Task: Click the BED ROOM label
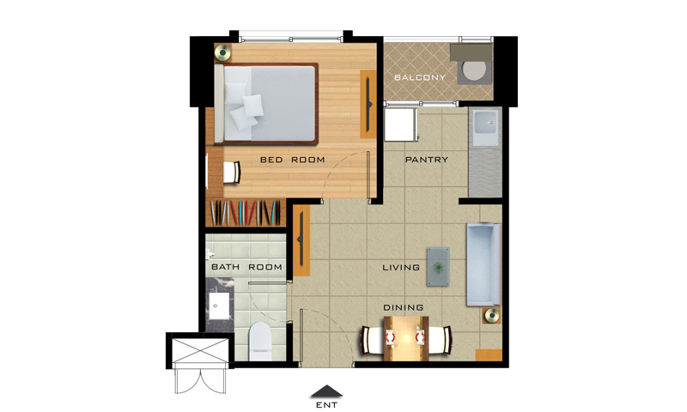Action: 292,160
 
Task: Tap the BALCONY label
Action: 420,77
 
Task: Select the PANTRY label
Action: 427,160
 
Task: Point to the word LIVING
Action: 401,267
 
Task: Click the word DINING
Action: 403,308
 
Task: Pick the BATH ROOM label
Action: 246,267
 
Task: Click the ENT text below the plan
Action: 327,405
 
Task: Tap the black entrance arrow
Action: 326,392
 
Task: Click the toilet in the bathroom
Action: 260,342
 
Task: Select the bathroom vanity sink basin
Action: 219,306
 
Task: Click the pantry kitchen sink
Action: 485,126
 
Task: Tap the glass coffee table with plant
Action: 438,267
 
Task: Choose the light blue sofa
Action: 483,264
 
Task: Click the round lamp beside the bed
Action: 222,52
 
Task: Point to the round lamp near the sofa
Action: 491,315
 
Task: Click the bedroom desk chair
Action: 232,172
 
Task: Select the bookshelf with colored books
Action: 246,213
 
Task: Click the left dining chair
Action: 373,340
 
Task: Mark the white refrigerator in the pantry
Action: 400,124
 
